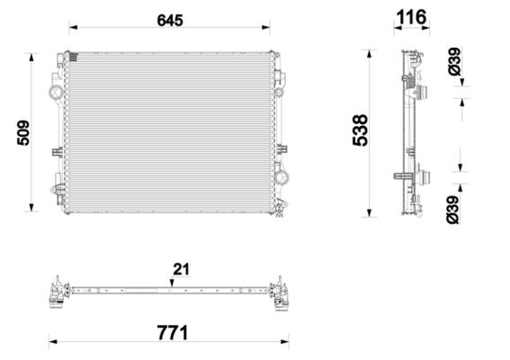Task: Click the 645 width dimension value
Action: (x=170, y=21)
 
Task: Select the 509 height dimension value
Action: (x=23, y=133)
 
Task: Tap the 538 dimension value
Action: (x=360, y=130)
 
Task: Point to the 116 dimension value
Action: (x=411, y=17)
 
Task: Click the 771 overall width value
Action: (x=173, y=333)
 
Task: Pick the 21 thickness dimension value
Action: (x=181, y=269)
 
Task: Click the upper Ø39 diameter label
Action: (x=454, y=61)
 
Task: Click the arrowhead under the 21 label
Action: (x=172, y=283)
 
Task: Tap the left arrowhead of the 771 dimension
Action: (x=53, y=342)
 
